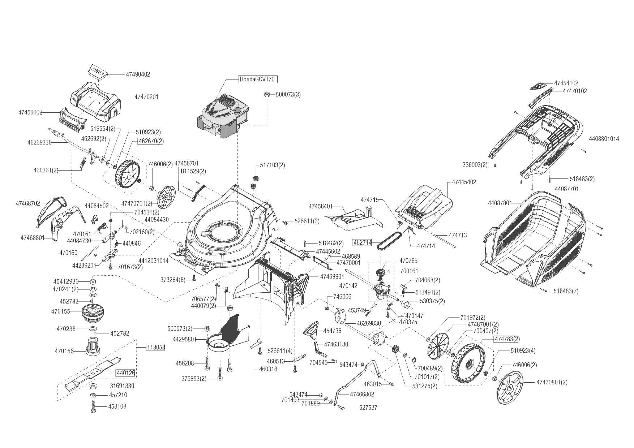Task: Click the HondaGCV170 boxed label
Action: (258, 79)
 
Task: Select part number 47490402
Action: (138, 74)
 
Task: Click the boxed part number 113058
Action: (155, 348)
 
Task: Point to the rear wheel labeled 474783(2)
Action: (468, 363)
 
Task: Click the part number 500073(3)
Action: (288, 95)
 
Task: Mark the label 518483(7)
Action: (566, 291)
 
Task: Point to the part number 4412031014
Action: (153, 260)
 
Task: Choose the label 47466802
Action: (362, 395)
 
